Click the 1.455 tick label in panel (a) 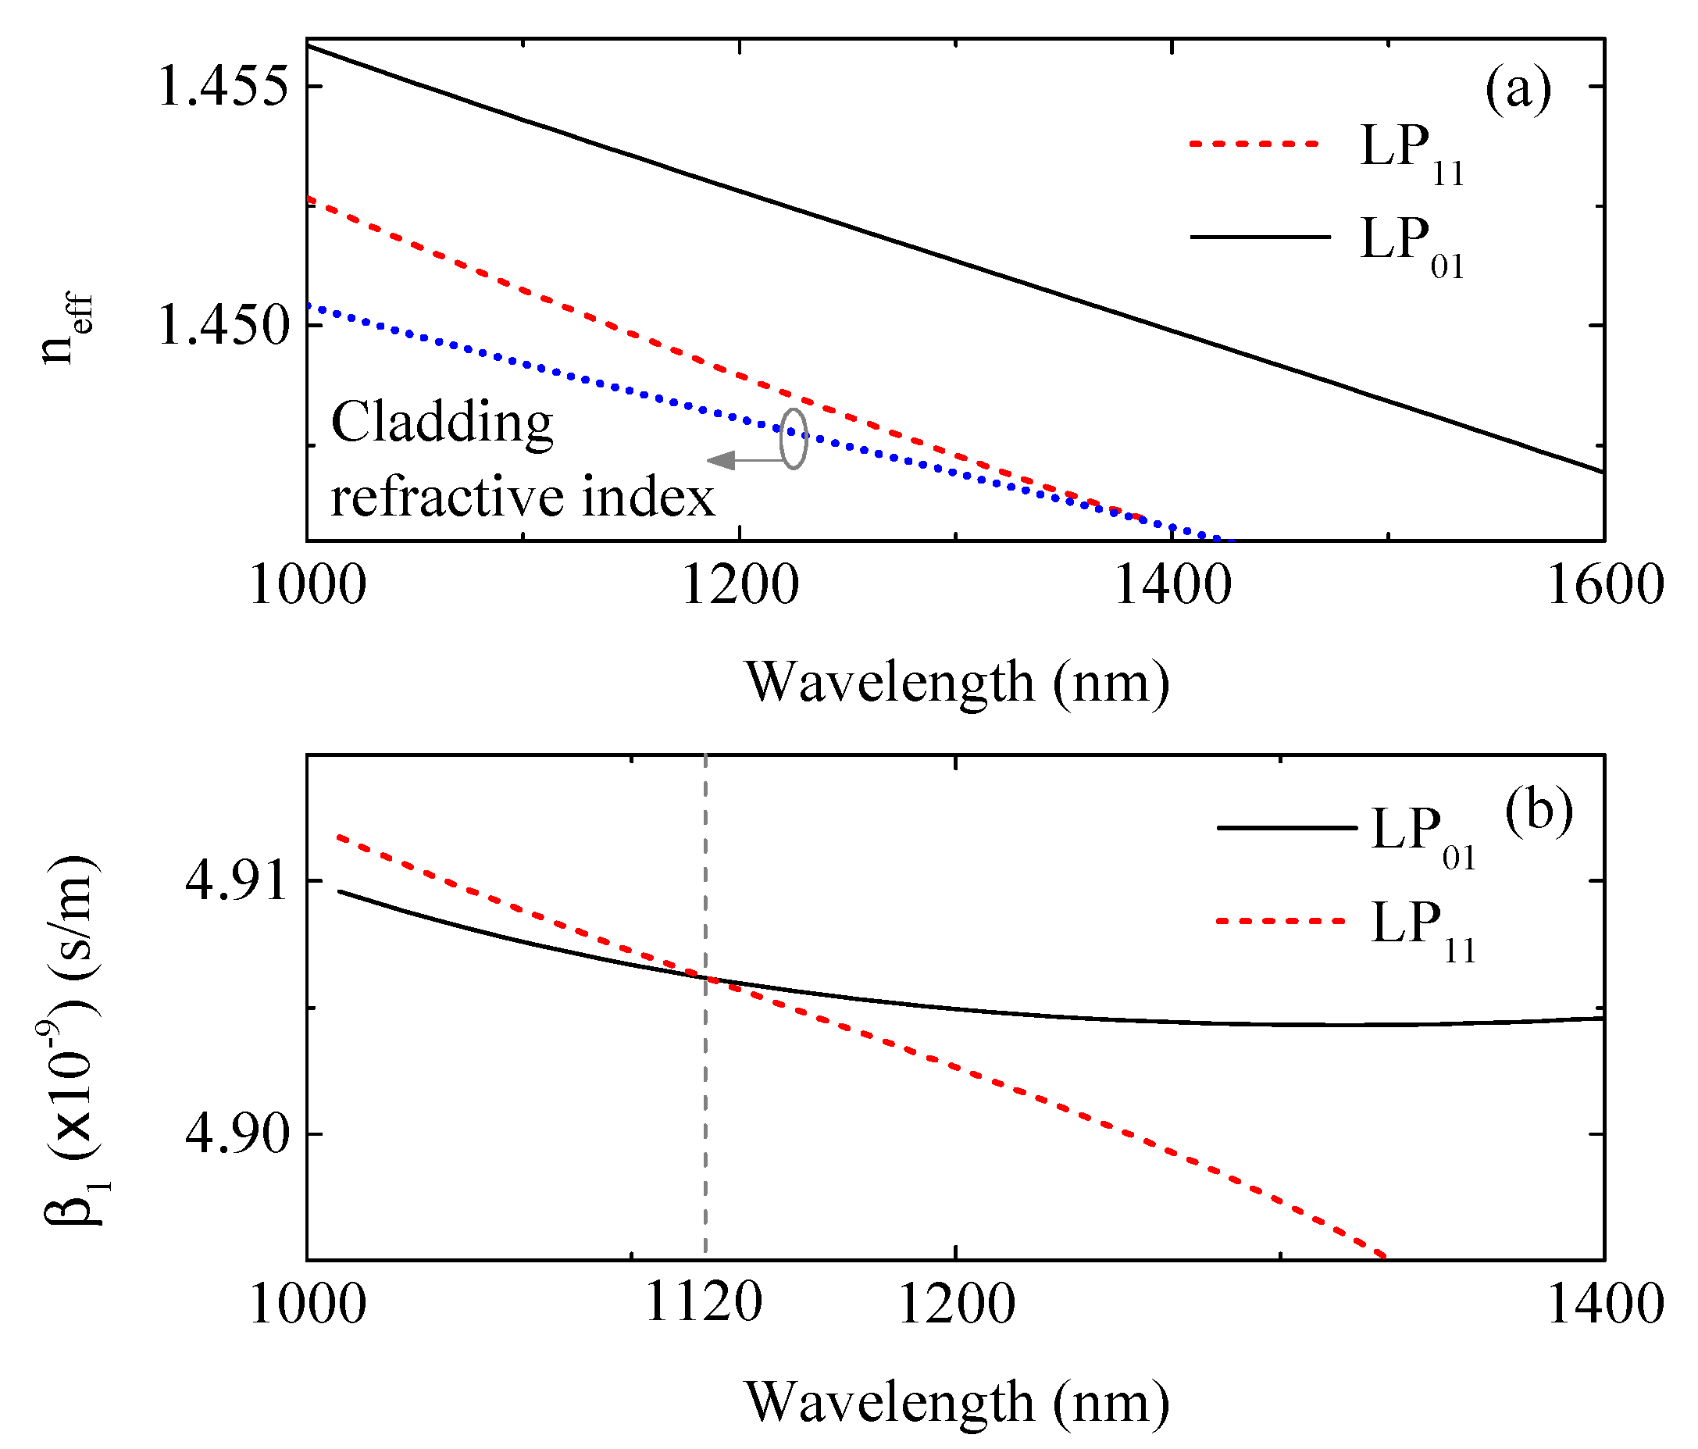pyautogui.click(x=223, y=86)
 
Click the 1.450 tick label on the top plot pyautogui.click(x=223, y=326)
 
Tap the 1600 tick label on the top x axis pyautogui.click(x=1603, y=586)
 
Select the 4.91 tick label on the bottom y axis pyautogui.click(x=237, y=881)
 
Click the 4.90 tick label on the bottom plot pyautogui.click(x=237, y=1134)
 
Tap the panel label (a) pyautogui.click(x=1518, y=88)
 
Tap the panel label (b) pyautogui.click(x=1538, y=812)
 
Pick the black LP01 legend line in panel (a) pyautogui.click(x=1260, y=237)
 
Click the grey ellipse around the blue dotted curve pyautogui.click(x=794, y=438)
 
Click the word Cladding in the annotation pyautogui.click(x=442, y=423)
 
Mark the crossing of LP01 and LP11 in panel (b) pyautogui.click(x=705, y=977)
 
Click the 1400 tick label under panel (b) pyautogui.click(x=1603, y=1304)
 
